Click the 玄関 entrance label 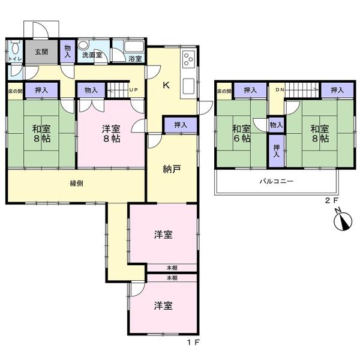41,52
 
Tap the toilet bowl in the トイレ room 15,49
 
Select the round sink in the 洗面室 82,45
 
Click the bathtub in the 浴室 134,47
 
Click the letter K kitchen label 166,85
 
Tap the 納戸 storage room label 172,169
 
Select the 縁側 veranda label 76,183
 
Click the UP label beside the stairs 133,90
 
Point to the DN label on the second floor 280,90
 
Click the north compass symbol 343,221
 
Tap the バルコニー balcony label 277,181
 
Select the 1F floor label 193,343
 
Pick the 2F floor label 332,200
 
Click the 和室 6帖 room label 242,134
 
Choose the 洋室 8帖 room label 111,134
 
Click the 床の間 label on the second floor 224,91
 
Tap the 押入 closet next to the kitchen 181,125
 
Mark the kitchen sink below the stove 188,86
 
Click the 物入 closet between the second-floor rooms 276,125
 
